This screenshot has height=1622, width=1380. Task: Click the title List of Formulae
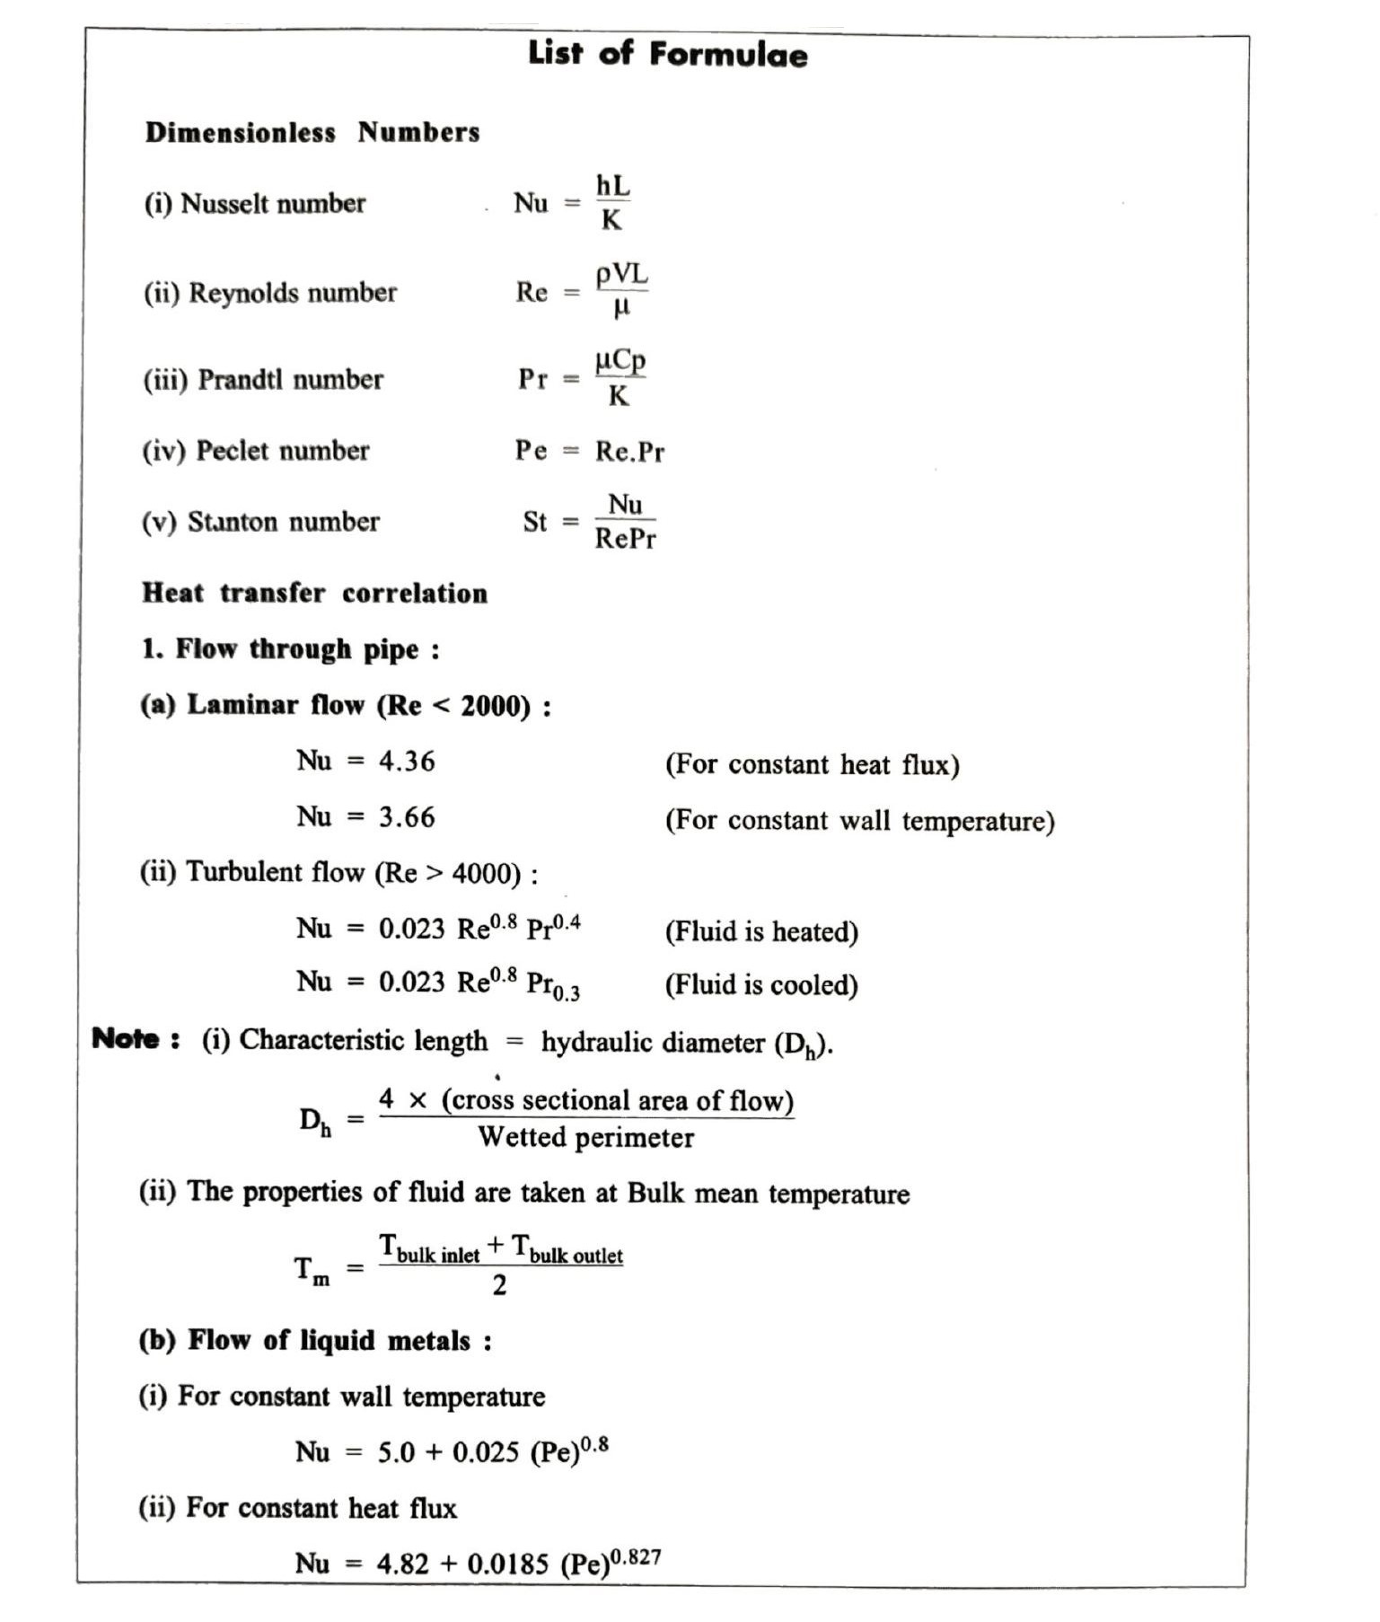[667, 54]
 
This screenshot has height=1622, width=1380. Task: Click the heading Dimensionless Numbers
[312, 132]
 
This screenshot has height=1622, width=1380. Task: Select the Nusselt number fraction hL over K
[613, 202]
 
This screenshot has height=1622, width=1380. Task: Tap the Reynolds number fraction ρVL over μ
[621, 291]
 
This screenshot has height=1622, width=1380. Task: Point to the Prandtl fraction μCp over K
[620, 378]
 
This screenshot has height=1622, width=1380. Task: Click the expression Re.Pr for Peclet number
[629, 451]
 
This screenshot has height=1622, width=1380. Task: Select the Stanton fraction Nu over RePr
[625, 521]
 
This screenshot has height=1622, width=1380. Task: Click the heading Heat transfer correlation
[314, 593]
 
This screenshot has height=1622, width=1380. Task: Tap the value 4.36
[407, 762]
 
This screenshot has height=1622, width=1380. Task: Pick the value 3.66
[407, 817]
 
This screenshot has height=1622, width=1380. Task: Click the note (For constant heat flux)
[812, 764]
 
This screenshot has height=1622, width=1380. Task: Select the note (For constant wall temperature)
[859, 821]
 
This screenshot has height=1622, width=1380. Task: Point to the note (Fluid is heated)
[761, 931]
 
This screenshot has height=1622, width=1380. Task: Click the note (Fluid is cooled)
[761, 985]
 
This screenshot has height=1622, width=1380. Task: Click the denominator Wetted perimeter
[585, 1138]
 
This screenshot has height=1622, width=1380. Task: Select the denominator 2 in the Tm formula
[499, 1285]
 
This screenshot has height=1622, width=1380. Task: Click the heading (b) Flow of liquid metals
[315, 1341]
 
